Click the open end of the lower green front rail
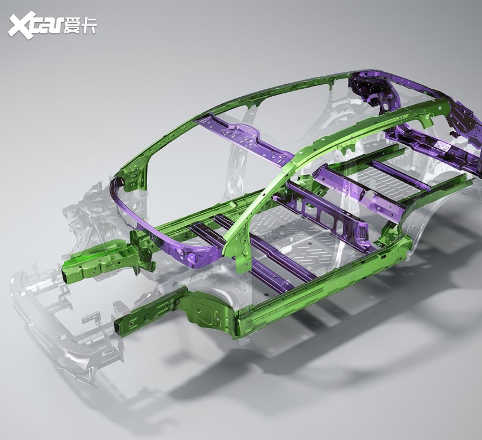pyautogui.click(x=119, y=328)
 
